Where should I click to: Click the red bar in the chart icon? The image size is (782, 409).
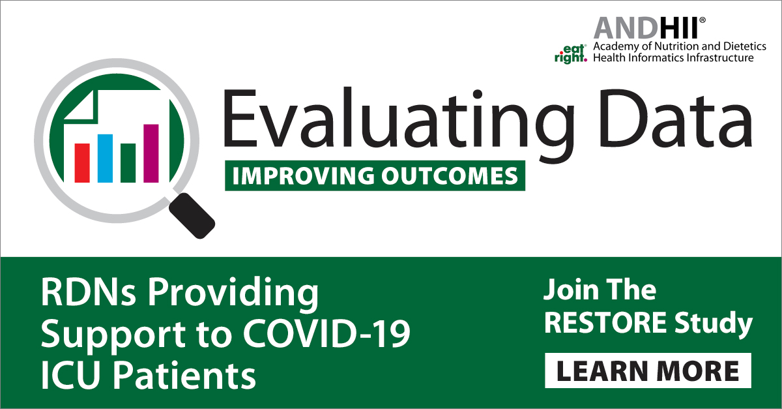(82, 163)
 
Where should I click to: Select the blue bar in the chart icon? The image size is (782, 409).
(105, 159)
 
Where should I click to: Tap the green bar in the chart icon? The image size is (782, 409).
(128, 163)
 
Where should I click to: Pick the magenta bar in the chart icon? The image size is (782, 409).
(151, 153)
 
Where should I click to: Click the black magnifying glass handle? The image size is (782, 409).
(192, 216)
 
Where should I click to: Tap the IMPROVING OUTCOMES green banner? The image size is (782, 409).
(375, 175)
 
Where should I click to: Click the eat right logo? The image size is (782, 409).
(571, 54)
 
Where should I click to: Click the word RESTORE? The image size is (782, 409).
(605, 322)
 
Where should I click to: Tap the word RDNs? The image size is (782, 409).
(88, 292)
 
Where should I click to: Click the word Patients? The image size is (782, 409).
(184, 375)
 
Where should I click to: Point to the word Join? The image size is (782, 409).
(572, 290)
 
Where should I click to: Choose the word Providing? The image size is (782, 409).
(233, 295)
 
